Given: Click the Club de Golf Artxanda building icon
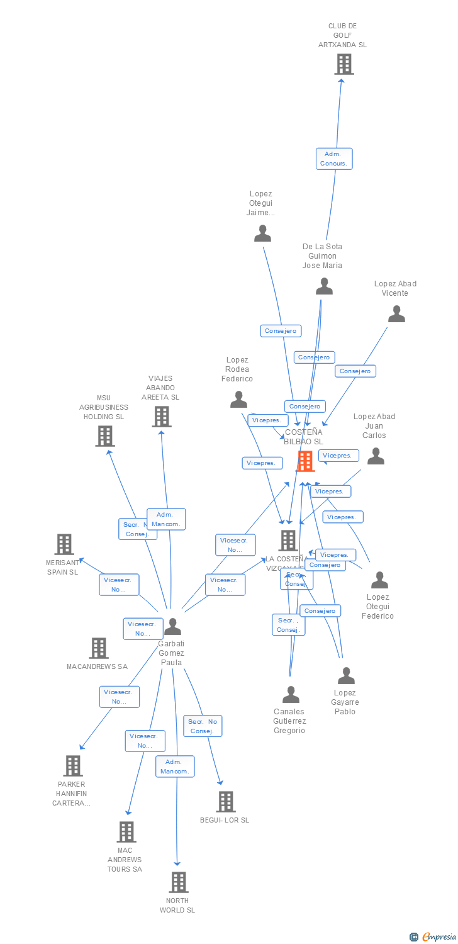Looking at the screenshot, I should [x=343, y=64].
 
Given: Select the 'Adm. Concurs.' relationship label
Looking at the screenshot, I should [x=334, y=159].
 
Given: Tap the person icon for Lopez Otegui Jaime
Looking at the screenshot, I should [x=262, y=233].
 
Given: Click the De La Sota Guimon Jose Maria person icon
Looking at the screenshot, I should [x=324, y=286].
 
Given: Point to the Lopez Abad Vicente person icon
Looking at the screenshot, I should [x=396, y=313].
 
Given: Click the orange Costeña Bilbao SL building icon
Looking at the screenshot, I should [x=305, y=461].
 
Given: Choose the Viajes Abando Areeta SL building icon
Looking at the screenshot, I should [x=162, y=417].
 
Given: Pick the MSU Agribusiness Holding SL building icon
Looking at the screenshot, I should [x=105, y=436].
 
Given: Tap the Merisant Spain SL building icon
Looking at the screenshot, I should [x=64, y=544].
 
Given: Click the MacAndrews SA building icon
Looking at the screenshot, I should [x=99, y=648].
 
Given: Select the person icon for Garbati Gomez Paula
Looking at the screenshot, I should [x=172, y=627].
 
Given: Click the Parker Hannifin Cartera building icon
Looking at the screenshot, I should [x=73, y=766].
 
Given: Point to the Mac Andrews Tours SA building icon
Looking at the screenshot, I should [x=126, y=832].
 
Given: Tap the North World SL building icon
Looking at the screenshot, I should [x=179, y=882].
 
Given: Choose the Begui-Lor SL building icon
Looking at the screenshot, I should [x=226, y=802].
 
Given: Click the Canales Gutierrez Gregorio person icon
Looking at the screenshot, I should [x=291, y=695].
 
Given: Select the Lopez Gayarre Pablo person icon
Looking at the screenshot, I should [x=346, y=676].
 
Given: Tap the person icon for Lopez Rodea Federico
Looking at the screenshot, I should [x=238, y=400].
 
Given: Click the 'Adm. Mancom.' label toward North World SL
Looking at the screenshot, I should [x=176, y=767].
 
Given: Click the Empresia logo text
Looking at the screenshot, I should [x=440, y=937].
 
